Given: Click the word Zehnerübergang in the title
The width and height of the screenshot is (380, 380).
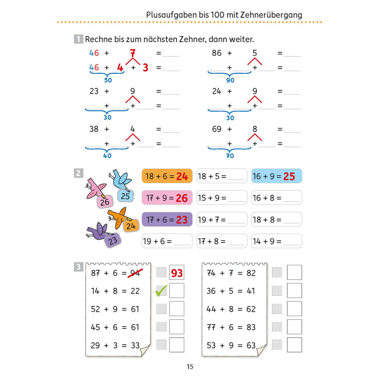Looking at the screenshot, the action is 271,15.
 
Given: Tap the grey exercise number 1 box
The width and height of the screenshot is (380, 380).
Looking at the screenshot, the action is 79,39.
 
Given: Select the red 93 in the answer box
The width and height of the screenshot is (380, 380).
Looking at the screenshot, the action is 177,273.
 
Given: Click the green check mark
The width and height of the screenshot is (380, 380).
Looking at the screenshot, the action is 161,291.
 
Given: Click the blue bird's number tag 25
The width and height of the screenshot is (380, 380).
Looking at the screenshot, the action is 125,196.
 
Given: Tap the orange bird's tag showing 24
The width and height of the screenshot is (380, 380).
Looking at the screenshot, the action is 131,226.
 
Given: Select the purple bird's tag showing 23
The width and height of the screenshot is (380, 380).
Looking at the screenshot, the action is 112,240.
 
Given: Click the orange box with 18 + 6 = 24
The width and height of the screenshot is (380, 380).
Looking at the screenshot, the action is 167,176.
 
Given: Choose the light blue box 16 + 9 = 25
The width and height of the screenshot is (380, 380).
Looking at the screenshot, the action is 277,176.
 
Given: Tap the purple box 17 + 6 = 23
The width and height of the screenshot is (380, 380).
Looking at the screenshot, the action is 167,219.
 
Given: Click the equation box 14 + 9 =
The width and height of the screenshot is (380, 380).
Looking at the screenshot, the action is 277,241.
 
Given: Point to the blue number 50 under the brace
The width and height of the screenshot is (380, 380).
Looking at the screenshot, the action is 108,80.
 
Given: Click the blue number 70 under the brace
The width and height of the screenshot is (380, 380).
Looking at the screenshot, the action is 230,155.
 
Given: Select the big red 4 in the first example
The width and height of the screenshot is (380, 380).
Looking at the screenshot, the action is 120,68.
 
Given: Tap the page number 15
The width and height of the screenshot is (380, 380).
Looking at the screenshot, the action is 190,367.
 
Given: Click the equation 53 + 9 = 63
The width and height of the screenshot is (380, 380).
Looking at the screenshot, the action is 231,345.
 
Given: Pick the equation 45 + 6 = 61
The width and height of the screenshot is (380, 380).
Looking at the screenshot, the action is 115,327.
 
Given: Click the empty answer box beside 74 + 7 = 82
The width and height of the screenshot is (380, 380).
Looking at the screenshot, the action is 294,272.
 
